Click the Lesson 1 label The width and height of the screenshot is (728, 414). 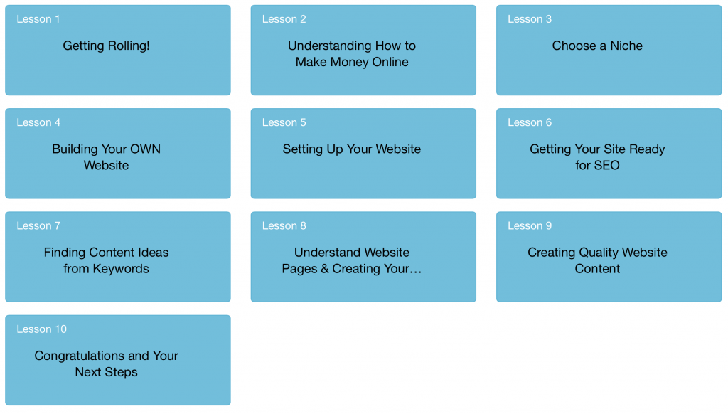pyautogui.click(x=38, y=19)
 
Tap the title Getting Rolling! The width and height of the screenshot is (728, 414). pyautogui.click(x=107, y=46)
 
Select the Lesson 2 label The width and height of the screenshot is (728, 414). pyautogui.click(x=284, y=19)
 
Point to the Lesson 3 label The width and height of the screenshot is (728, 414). pyautogui.click(x=529, y=19)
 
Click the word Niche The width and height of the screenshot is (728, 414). pyautogui.click(x=626, y=46)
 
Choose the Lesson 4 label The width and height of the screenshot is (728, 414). pyautogui.click(x=38, y=122)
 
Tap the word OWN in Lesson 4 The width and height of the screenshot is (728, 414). pyautogui.click(x=145, y=149)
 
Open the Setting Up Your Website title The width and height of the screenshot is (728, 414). pyautogui.click(x=352, y=149)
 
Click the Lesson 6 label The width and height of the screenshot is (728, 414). pyautogui.click(x=529, y=122)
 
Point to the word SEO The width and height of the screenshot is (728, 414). pyautogui.click(x=606, y=166)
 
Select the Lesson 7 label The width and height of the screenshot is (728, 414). pyautogui.click(x=38, y=225)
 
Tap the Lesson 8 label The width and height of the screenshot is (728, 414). pyautogui.click(x=284, y=225)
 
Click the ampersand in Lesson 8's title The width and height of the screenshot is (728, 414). pyautogui.click(x=324, y=269)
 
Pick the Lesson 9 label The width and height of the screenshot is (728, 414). pyautogui.click(x=529, y=225)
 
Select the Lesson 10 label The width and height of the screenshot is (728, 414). pyautogui.click(x=42, y=329)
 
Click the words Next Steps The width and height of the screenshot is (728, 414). pyautogui.click(x=107, y=372)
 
